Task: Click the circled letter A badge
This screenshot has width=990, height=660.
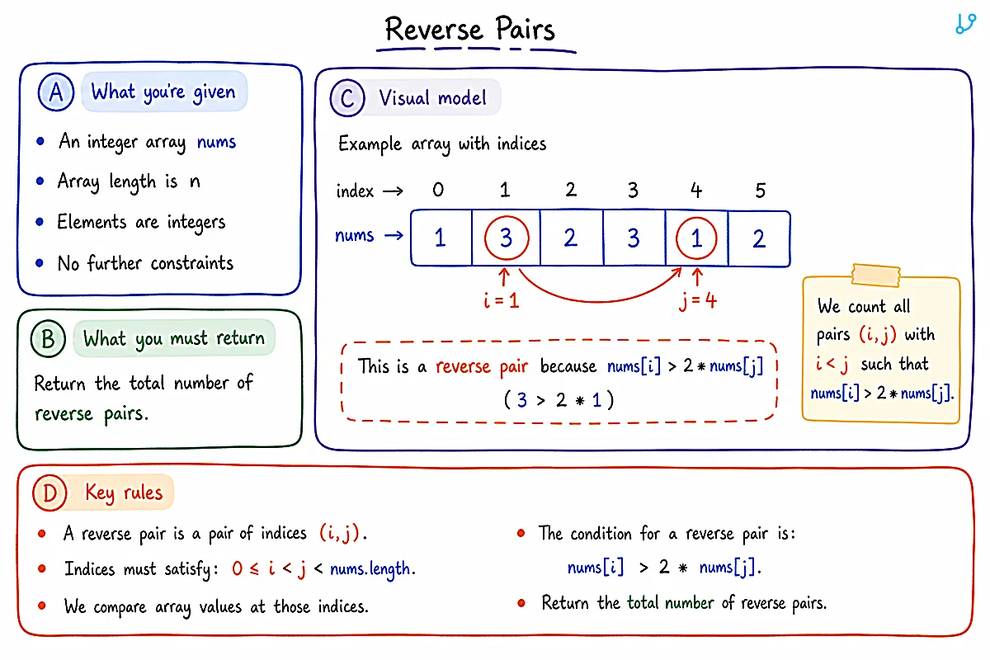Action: pyautogui.click(x=56, y=92)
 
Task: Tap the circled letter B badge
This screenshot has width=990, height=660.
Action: pyautogui.click(x=48, y=338)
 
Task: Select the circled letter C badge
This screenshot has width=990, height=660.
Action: pyautogui.click(x=347, y=97)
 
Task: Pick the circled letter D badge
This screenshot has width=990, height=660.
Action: pyautogui.click(x=49, y=493)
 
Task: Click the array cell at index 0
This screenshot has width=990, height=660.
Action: pyautogui.click(x=441, y=238)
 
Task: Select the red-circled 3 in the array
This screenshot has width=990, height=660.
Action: pyautogui.click(x=507, y=238)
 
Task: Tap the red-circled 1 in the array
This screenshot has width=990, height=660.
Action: pyautogui.click(x=696, y=238)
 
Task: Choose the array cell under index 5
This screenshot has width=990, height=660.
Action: pyautogui.click(x=759, y=238)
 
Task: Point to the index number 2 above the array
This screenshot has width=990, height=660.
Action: pyautogui.click(x=571, y=190)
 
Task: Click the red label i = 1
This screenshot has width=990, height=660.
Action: pyautogui.click(x=502, y=301)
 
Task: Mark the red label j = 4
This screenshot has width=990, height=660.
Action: pyautogui.click(x=698, y=301)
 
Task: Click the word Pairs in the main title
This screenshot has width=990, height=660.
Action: pyautogui.click(x=525, y=28)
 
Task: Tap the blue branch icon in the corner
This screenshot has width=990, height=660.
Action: pyautogui.click(x=965, y=24)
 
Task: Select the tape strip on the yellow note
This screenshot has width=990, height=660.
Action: pyautogui.click(x=876, y=276)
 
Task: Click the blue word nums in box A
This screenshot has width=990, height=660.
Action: pyautogui.click(x=216, y=142)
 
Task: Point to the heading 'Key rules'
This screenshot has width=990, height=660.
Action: pyautogui.click(x=124, y=493)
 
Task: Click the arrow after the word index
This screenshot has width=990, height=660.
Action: pyautogui.click(x=393, y=191)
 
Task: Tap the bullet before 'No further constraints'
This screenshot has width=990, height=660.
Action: pyautogui.click(x=40, y=263)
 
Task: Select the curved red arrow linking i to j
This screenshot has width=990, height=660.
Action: pyautogui.click(x=599, y=301)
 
